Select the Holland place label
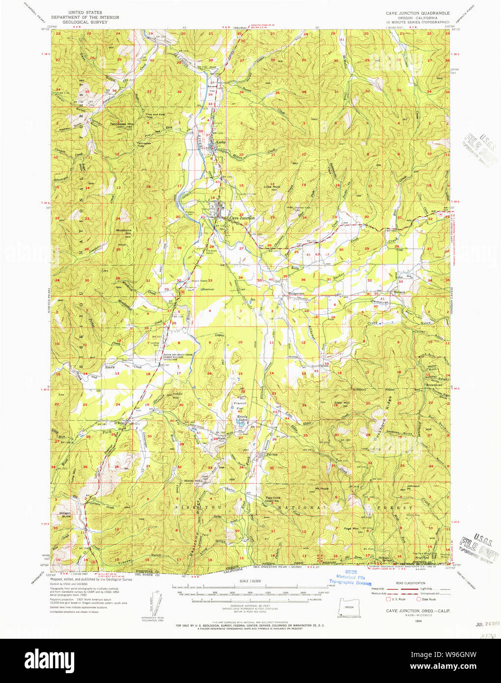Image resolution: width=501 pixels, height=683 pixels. [399, 292]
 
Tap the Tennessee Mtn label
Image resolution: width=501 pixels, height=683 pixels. [122, 124]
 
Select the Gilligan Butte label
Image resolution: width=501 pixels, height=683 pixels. [65, 515]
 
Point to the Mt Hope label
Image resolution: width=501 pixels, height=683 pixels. [322, 488]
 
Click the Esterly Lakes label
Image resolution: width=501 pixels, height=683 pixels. [242, 418]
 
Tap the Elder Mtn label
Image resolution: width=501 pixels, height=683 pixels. [342, 403]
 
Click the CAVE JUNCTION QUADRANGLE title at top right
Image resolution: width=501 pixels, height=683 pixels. [417, 13]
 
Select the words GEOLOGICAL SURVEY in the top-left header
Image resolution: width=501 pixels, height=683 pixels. [86, 22]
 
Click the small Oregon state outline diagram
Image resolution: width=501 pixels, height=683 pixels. [349, 607]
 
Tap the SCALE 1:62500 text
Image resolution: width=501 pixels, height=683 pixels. [250, 581]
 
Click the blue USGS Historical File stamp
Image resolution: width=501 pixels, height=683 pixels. [350, 577]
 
